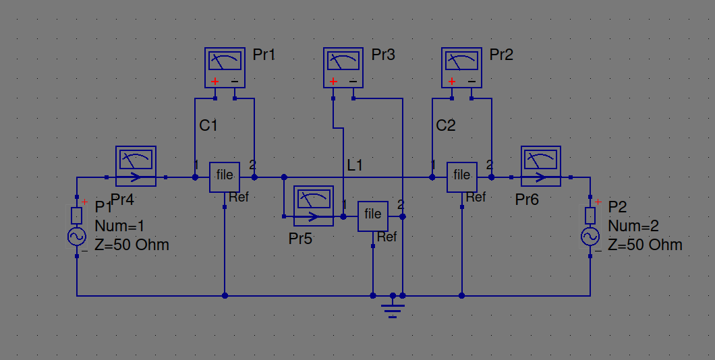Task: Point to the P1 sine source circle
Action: (x=76, y=237)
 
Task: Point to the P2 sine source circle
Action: (x=590, y=237)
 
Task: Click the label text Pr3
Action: (x=383, y=55)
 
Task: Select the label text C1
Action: (x=208, y=125)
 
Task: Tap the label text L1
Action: (x=355, y=164)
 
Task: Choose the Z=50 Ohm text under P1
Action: (x=132, y=245)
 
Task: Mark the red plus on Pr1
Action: (x=214, y=82)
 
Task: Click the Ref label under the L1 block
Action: (x=387, y=237)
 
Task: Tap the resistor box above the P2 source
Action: (x=590, y=215)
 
